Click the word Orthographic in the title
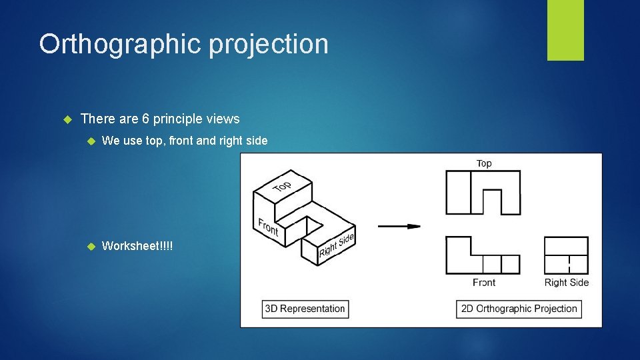click(x=119, y=45)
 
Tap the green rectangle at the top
click(x=565, y=30)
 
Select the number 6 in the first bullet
click(x=145, y=119)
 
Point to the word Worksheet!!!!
click(x=137, y=246)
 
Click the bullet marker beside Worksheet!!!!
click(x=91, y=246)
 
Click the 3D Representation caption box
click(x=305, y=309)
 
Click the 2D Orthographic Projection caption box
click(x=519, y=309)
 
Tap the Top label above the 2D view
click(x=484, y=163)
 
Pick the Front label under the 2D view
click(x=484, y=283)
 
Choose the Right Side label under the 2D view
click(x=567, y=283)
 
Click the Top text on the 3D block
click(x=282, y=186)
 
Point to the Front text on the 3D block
click(x=268, y=227)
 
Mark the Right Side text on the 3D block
click(x=336, y=245)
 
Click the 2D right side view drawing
click(x=566, y=255)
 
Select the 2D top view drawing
click(x=483, y=193)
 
